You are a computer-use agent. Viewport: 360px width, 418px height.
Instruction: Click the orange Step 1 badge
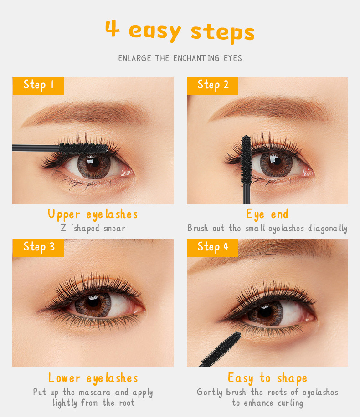pos(38,86)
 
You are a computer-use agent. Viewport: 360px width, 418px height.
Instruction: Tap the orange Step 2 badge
pos(212,86)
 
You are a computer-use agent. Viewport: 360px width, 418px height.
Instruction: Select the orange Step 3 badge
pos(38,248)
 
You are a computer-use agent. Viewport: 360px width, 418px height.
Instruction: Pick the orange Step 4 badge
pos(212,248)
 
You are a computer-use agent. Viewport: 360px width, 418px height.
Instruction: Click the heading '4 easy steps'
pos(180,31)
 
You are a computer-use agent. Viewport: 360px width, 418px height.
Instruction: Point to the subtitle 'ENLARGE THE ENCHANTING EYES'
pos(180,58)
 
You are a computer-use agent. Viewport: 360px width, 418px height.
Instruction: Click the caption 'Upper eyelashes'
pos(93,214)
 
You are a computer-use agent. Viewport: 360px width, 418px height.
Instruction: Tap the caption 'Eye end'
pos(267,214)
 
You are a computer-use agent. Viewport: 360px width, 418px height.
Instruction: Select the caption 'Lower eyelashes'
pos(93,378)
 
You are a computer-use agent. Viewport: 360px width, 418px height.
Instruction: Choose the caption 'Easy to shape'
pos(267,378)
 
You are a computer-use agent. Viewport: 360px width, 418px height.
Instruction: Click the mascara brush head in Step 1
pos(83,148)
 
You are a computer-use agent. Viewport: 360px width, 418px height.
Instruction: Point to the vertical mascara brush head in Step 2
pos(246,159)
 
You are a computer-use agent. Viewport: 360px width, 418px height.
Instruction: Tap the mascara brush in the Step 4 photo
pos(221,350)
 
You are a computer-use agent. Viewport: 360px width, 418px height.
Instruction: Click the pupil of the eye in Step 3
pos(93,303)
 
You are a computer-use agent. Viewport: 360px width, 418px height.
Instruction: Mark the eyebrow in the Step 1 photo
pos(85,113)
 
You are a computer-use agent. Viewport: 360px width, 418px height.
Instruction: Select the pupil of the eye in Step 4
pos(265,311)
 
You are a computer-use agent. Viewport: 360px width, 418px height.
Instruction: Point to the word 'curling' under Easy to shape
pos(290,403)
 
